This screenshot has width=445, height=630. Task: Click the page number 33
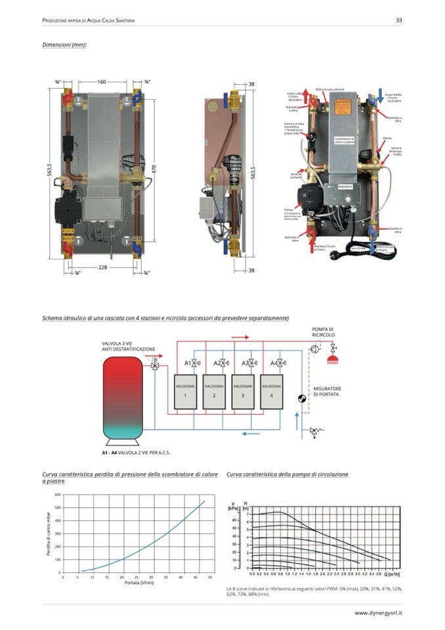(398, 20)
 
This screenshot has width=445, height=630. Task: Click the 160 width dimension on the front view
(101, 82)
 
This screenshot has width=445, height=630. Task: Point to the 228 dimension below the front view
(103, 267)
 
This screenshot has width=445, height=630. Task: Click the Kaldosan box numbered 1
(185, 392)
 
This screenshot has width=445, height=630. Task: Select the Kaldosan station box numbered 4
(271, 392)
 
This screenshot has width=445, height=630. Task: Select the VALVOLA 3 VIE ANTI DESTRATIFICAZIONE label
(129, 346)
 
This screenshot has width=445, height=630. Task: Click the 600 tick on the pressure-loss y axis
(58, 494)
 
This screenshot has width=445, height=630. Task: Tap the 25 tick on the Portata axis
(137, 577)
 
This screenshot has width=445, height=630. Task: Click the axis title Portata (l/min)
(137, 583)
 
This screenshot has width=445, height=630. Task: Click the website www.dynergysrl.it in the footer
(378, 613)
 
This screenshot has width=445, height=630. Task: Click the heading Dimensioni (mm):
(64, 45)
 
